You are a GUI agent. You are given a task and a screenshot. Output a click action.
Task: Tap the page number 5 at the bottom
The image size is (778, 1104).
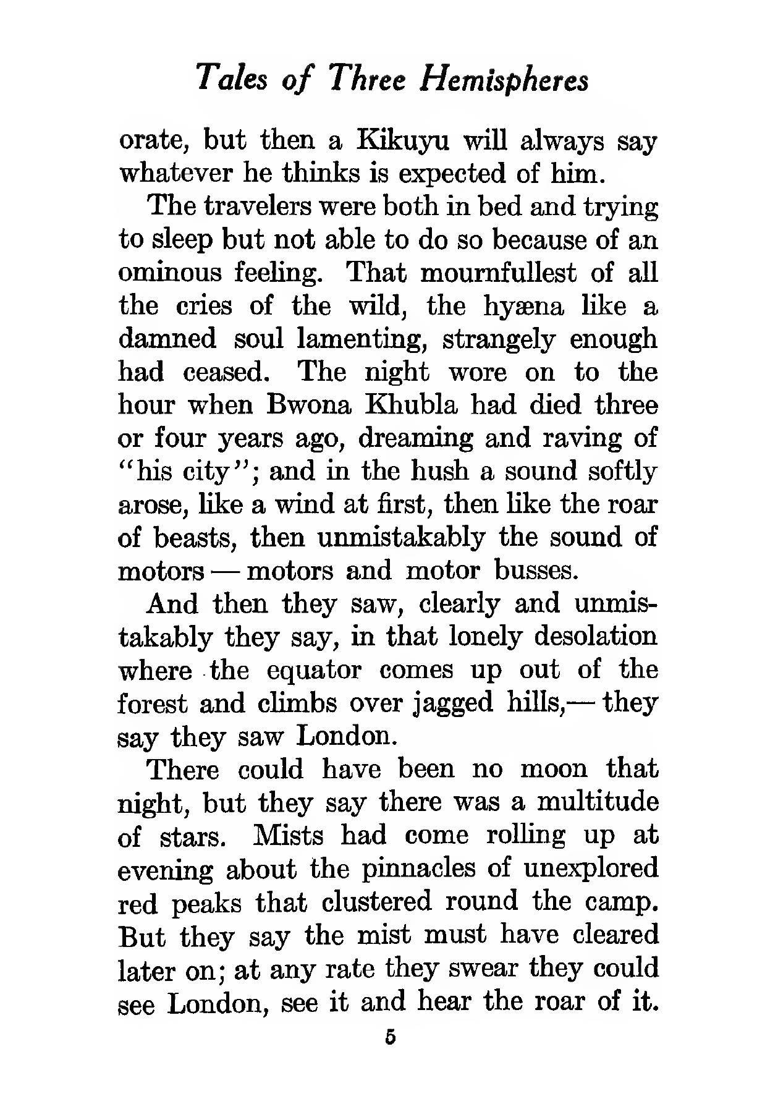point(389,1037)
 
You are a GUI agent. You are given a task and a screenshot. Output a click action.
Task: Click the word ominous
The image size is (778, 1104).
point(169,273)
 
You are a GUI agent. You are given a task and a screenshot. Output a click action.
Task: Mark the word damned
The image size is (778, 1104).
point(167,339)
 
